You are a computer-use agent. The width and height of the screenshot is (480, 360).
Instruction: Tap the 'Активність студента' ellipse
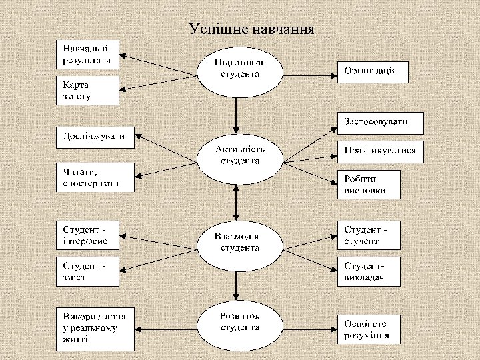(x=238, y=156)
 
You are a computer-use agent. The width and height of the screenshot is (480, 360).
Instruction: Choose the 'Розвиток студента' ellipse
(x=239, y=324)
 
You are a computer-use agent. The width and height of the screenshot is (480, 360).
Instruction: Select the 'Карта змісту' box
(x=87, y=91)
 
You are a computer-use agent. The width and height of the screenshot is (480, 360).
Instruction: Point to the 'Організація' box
(x=373, y=71)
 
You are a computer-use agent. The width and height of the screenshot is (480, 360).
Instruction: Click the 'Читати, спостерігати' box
(x=94, y=177)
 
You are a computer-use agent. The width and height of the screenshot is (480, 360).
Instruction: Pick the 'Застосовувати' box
(x=381, y=121)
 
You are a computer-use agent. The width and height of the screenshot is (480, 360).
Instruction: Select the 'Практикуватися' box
(x=381, y=151)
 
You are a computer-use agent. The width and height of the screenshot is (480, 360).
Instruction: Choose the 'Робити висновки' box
(x=369, y=184)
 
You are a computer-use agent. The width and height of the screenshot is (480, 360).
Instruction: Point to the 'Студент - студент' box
(x=369, y=235)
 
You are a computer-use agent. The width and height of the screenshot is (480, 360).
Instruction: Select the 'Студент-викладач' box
(x=369, y=271)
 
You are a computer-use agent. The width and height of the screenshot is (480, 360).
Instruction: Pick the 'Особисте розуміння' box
(x=369, y=329)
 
